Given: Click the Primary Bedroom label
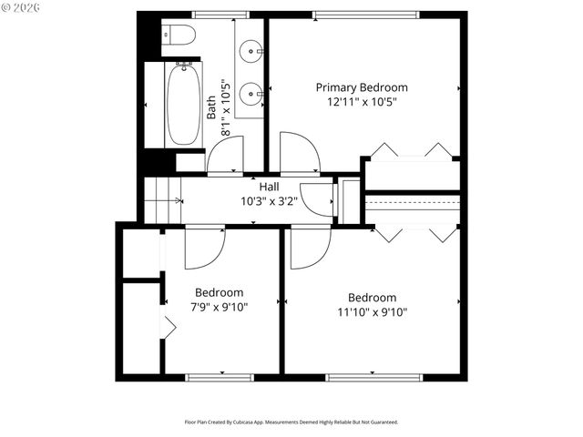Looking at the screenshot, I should click(362, 87).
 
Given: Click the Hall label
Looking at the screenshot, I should click(269, 187).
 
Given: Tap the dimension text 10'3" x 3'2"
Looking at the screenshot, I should click(269, 200).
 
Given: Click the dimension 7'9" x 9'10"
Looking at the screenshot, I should click(220, 307).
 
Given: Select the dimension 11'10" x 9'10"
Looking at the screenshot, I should click(372, 311).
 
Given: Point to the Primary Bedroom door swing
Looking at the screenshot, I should click(299, 153).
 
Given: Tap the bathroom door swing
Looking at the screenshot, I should click(225, 156).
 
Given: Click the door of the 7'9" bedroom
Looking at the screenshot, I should click(203, 248).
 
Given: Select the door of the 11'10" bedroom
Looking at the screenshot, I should click(310, 248).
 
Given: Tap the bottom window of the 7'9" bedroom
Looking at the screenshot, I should click(220, 377).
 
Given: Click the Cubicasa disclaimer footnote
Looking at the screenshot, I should click(291, 422).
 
